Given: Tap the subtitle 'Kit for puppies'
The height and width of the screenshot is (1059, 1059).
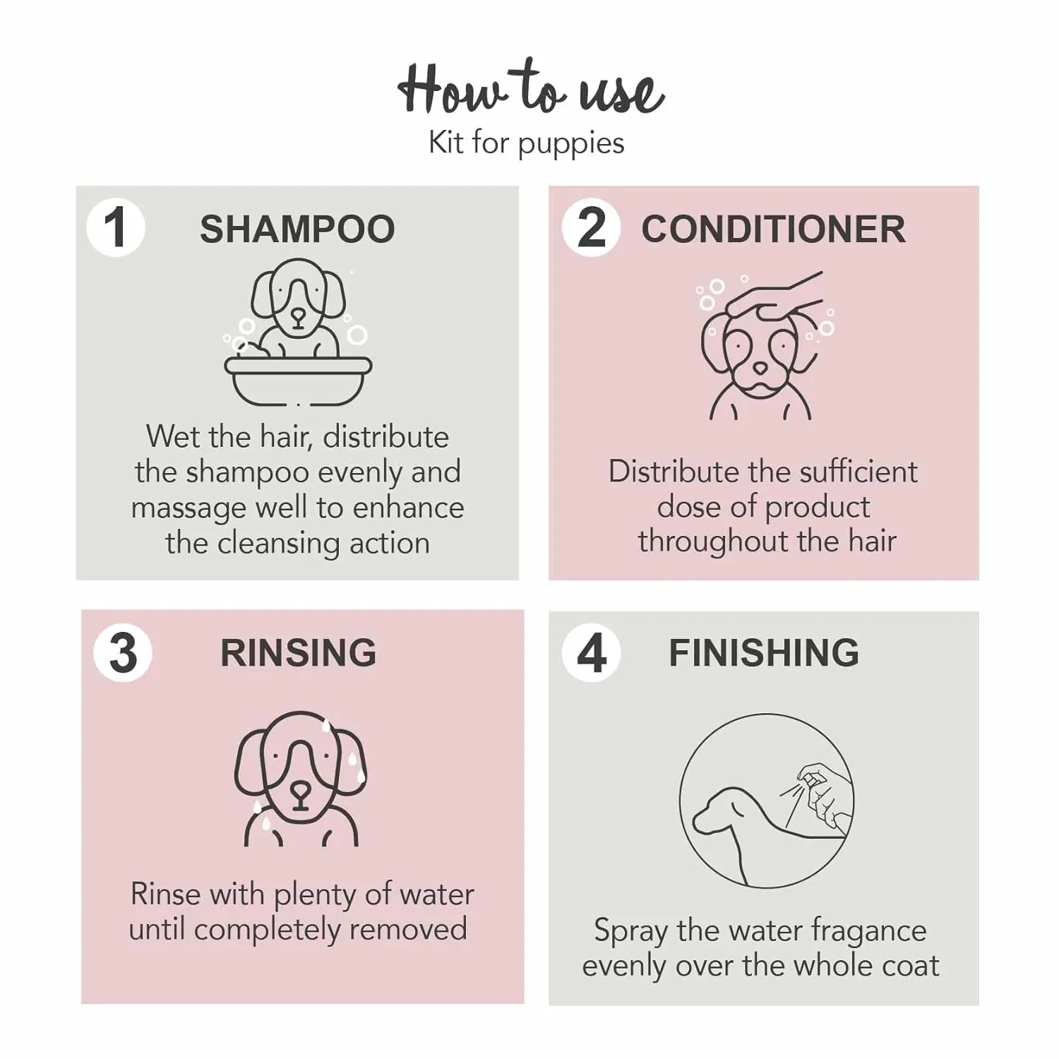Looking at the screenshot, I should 527,143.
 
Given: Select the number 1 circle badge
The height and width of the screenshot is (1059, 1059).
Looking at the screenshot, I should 116,228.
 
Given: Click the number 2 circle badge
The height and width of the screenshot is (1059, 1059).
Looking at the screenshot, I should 592,228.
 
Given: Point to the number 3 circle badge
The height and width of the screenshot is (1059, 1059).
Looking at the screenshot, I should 123,652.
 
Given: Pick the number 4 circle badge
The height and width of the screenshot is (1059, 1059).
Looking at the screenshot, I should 592,652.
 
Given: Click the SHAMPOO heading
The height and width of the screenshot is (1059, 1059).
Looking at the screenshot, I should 297,229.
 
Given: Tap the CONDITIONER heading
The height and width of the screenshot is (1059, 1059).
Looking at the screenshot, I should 773,229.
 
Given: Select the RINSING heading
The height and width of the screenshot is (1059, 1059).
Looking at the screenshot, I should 298,653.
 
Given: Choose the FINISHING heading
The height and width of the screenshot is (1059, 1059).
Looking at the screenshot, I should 764,653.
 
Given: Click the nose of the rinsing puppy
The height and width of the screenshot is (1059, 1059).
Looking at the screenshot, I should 300,790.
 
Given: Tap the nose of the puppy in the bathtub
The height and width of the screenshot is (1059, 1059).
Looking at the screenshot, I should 298,317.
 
